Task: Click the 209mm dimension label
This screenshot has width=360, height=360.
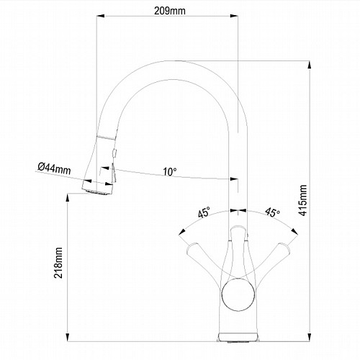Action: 170,11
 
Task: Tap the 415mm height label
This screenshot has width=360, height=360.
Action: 303,200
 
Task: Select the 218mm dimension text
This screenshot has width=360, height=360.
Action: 58,263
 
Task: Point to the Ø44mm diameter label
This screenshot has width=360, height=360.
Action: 55,168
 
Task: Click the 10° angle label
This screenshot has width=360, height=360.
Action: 170,172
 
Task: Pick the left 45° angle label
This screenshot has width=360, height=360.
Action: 204,212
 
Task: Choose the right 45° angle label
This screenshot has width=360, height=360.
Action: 272,212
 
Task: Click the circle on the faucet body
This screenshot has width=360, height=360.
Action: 238,295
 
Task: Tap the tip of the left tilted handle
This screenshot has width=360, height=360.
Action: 192,247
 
